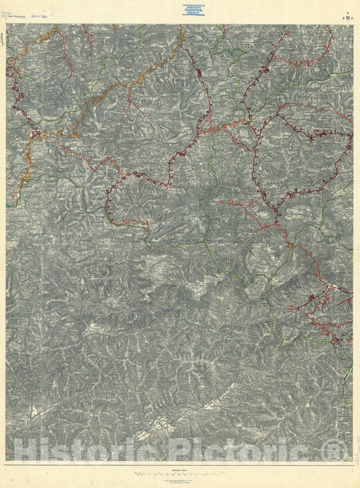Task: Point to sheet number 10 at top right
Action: pyautogui.click(x=347, y=10)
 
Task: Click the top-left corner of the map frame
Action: pyautogui.click(x=7, y=24)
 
